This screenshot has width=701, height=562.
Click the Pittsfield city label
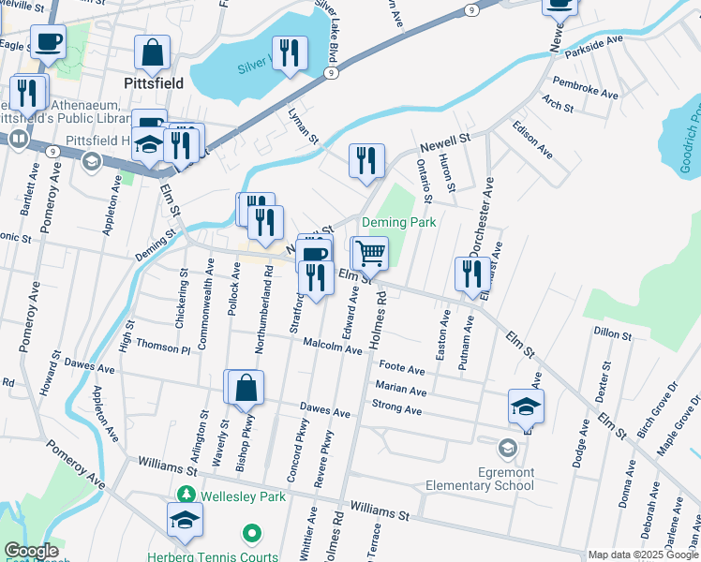click(x=153, y=82)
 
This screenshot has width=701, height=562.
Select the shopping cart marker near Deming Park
click(x=370, y=253)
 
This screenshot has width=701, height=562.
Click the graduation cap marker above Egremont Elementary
click(x=527, y=406)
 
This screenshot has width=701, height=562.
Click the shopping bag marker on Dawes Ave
click(x=245, y=388)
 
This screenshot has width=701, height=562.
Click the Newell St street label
click(x=444, y=142)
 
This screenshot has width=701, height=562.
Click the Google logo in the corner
click(x=31, y=551)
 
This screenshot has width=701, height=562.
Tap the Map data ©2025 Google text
click(x=643, y=555)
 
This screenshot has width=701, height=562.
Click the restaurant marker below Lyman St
click(x=366, y=160)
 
